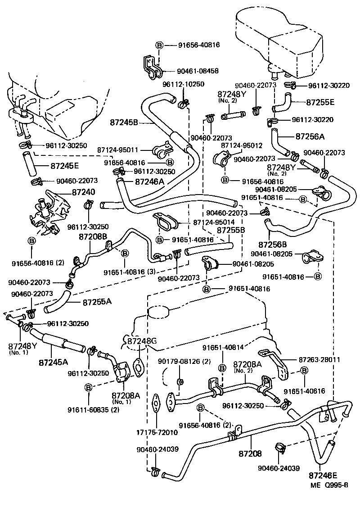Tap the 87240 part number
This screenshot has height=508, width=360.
(83, 191)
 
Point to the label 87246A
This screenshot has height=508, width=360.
(149, 181)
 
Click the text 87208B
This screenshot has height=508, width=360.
(93, 236)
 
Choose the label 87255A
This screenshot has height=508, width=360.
(97, 301)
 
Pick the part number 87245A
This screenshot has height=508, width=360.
(53, 362)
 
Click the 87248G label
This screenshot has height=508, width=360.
(141, 340)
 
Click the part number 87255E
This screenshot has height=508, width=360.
(320, 102)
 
